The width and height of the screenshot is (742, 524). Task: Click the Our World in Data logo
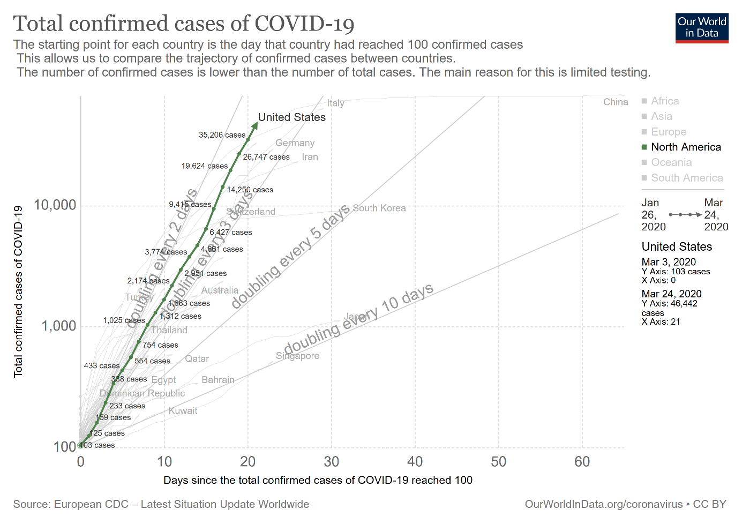(702, 28)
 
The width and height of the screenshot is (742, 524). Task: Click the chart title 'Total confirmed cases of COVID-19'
(184, 24)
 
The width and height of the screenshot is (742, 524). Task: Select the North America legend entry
(686, 147)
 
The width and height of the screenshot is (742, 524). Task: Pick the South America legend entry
(687, 178)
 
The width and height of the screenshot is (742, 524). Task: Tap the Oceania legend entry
(671, 162)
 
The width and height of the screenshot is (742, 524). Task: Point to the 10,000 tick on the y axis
(55, 205)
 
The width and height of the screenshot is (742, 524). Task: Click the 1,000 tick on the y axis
(59, 326)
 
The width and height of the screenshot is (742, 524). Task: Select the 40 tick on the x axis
(415, 462)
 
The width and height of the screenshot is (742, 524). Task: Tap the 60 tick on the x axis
(582, 462)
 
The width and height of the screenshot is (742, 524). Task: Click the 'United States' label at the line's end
(291, 117)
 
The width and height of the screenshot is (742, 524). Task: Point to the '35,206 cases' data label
(222, 135)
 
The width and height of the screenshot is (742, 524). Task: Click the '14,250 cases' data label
(250, 190)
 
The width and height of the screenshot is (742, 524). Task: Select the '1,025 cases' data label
(124, 320)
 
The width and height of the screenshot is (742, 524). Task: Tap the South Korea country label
(379, 208)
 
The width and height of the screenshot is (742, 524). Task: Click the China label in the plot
(616, 102)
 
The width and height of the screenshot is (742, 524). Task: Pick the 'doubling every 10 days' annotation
(358, 319)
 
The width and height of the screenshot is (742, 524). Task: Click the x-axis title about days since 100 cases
(318, 480)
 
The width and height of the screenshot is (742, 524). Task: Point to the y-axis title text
(19, 291)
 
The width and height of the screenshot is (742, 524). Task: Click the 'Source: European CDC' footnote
(161, 504)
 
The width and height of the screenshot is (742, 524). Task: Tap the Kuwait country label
(183, 411)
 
